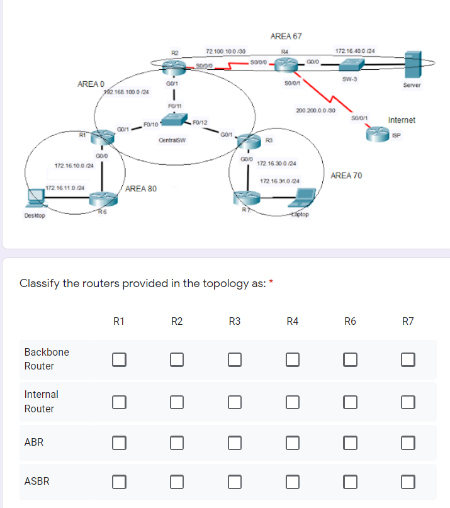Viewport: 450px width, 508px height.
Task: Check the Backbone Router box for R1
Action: (119, 359)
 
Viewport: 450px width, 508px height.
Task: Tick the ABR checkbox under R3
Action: (235, 443)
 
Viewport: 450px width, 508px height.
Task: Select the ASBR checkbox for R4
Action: (293, 482)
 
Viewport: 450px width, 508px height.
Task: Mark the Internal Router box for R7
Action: (408, 402)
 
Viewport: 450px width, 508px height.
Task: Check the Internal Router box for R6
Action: (350, 402)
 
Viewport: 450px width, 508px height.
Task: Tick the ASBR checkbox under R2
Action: (177, 482)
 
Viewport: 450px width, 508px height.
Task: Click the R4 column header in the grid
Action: (292, 322)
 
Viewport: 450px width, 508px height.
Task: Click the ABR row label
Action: (33, 443)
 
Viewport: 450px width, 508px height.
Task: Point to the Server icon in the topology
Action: (413, 65)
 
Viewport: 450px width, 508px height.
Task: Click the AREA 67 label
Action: (286, 37)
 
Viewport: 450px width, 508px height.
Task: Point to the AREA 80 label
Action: (142, 188)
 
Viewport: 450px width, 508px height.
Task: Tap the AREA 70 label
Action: (346, 175)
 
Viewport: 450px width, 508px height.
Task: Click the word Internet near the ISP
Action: (402, 120)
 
